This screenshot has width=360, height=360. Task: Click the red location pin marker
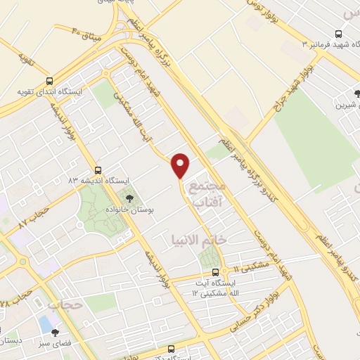[181, 166]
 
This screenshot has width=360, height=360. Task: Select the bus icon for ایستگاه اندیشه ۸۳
[97, 170]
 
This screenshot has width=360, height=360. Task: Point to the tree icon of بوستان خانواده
[129, 200]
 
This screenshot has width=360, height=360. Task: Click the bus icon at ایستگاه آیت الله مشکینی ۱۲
[215, 272]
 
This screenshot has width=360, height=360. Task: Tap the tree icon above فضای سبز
[55, 333]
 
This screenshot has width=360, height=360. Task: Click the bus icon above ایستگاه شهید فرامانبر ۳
[339, 34]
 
